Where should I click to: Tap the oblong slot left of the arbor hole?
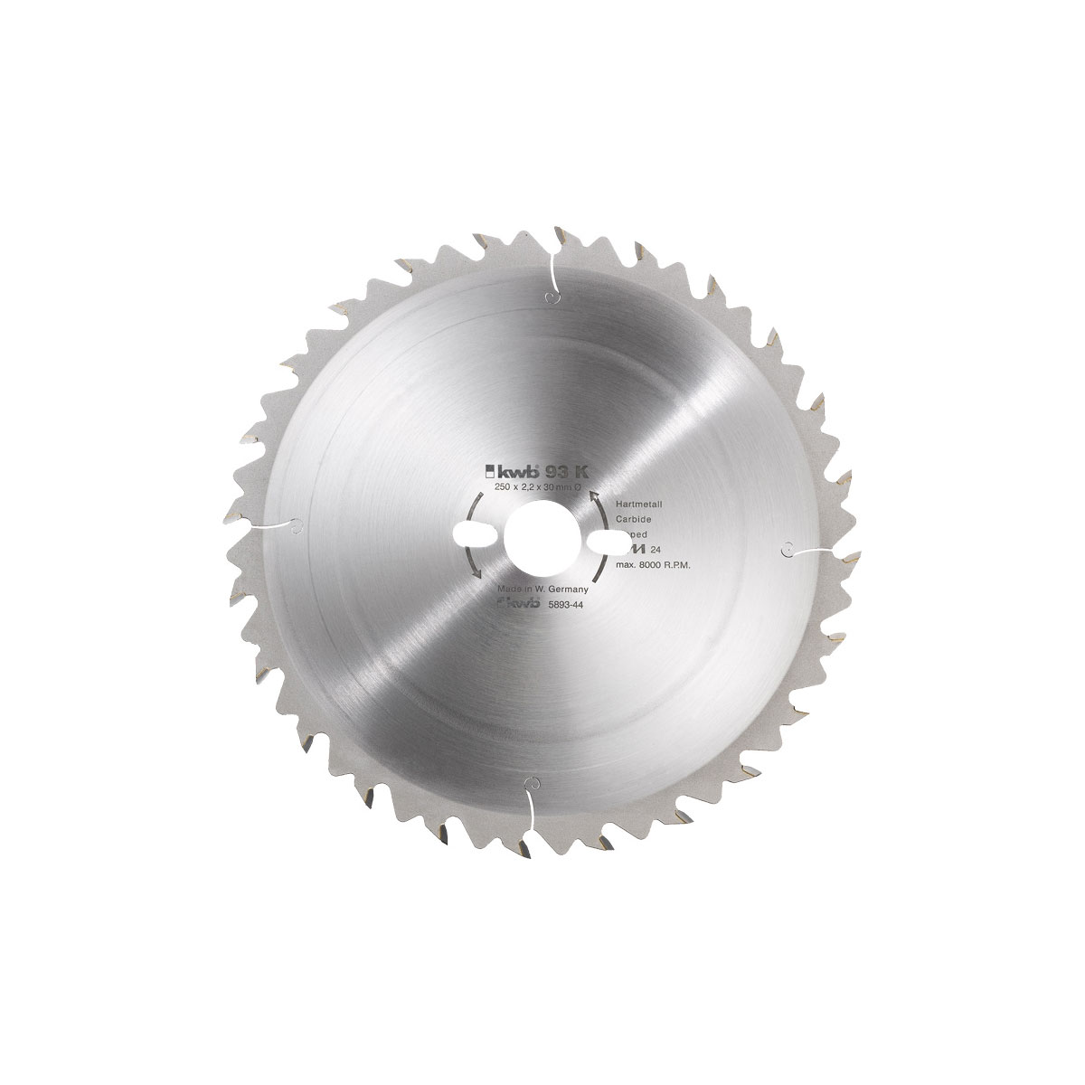(478, 531)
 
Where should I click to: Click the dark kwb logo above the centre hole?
(518, 471)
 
